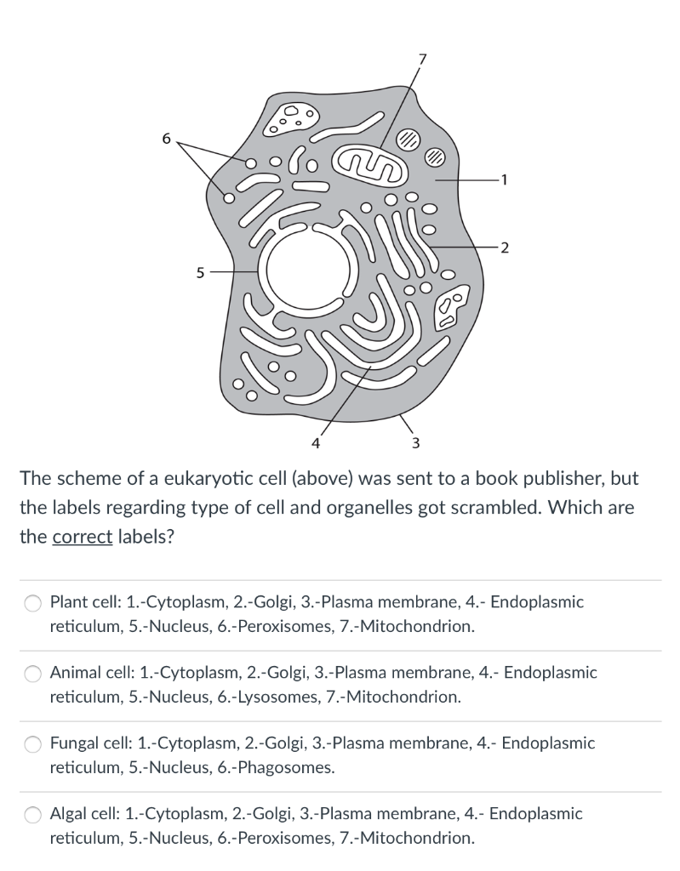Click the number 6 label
[166, 138]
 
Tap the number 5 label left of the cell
[199, 273]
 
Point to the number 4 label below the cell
[316, 441]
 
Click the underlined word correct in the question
[83, 538]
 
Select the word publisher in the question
[555, 477]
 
